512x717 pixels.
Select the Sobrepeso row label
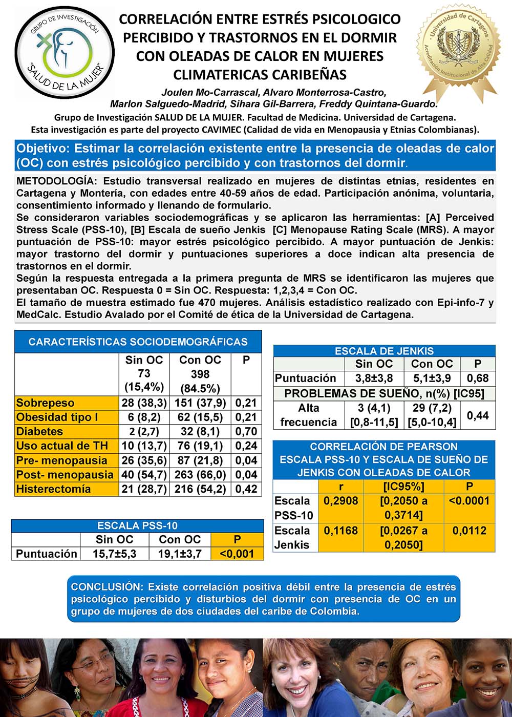point(46,403)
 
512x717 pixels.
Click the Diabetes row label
point(39,432)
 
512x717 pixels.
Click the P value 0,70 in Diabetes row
point(246,432)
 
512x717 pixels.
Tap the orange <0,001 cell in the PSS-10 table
point(237,554)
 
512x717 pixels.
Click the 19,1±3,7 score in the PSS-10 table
point(180,554)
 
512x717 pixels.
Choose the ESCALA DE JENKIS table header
point(384,351)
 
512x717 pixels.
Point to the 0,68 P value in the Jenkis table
point(478,378)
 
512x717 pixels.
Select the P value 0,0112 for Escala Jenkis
point(469,531)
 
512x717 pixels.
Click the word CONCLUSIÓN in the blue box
point(105,587)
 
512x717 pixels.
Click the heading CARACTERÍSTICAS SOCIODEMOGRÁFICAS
point(138,342)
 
